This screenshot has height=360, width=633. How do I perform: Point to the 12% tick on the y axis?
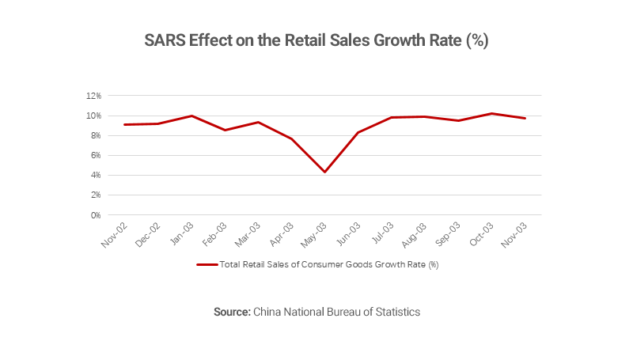(93, 96)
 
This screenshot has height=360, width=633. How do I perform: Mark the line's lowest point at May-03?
(324, 172)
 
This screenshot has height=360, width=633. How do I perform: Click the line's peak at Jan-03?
(191, 116)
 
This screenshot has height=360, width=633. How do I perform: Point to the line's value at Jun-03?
(358, 132)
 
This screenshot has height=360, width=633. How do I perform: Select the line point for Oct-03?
(491, 113)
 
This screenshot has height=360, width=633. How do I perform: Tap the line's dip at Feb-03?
(225, 130)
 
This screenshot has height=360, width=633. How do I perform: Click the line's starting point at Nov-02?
(124, 124)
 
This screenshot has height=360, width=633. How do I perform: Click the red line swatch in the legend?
(207, 265)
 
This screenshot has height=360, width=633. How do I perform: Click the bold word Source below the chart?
(232, 312)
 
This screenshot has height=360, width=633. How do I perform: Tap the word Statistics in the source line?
(395, 312)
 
